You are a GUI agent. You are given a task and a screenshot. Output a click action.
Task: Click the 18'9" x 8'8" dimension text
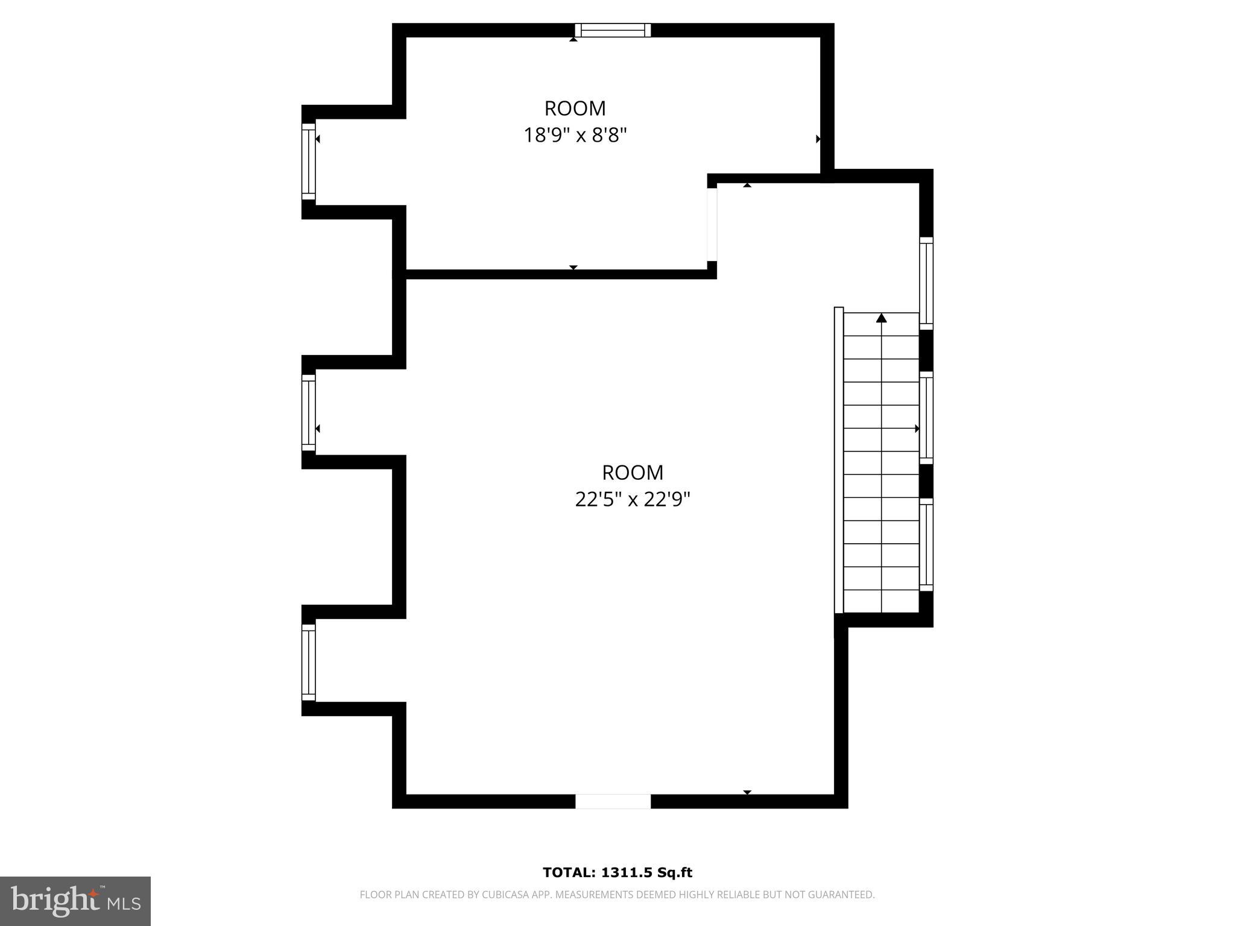(x=575, y=135)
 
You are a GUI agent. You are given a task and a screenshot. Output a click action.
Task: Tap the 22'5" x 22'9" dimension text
(x=632, y=499)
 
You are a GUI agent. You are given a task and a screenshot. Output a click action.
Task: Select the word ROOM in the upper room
(x=575, y=109)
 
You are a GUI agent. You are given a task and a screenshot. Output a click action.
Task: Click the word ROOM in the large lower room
(x=632, y=472)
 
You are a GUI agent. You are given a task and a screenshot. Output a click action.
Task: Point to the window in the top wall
(x=613, y=30)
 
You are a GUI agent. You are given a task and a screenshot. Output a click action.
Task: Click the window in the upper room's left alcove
(x=308, y=161)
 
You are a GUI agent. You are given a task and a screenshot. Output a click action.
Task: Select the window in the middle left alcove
(x=308, y=412)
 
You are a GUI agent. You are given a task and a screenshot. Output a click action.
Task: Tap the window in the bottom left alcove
(x=308, y=662)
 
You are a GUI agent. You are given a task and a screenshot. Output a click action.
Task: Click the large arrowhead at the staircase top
(x=882, y=318)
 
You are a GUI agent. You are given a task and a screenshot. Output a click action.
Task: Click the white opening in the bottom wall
(x=613, y=801)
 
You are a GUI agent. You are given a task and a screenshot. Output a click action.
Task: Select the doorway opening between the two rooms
(x=712, y=224)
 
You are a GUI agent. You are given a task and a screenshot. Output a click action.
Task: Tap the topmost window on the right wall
(x=926, y=283)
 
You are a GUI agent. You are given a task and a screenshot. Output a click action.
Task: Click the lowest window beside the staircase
(x=926, y=544)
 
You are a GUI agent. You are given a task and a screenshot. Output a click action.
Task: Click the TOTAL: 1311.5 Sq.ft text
(x=617, y=872)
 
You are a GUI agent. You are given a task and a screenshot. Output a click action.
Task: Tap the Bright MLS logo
(x=75, y=901)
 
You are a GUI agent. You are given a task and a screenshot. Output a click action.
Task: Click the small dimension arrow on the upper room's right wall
(x=818, y=139)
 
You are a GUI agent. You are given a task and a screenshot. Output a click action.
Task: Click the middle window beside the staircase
(x=926, y=418)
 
